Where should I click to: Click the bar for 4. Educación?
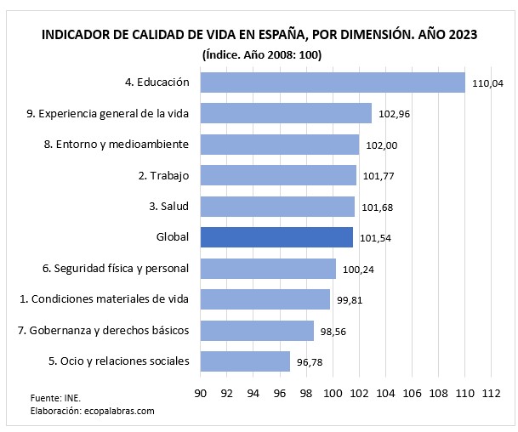point(333,82)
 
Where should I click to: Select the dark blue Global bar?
point(276,237)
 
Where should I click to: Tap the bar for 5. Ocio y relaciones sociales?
point(245,361)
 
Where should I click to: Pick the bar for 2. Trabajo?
point(278,175)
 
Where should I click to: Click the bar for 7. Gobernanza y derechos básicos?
point(257,330)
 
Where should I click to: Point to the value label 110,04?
point(488,83)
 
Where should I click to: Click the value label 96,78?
point(309,362)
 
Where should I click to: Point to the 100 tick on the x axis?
point(333,394)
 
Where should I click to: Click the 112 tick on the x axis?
point(491,394)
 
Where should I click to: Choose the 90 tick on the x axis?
point(201,394)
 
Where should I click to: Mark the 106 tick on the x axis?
point(412,394)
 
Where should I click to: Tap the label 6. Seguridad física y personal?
point(116,269)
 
